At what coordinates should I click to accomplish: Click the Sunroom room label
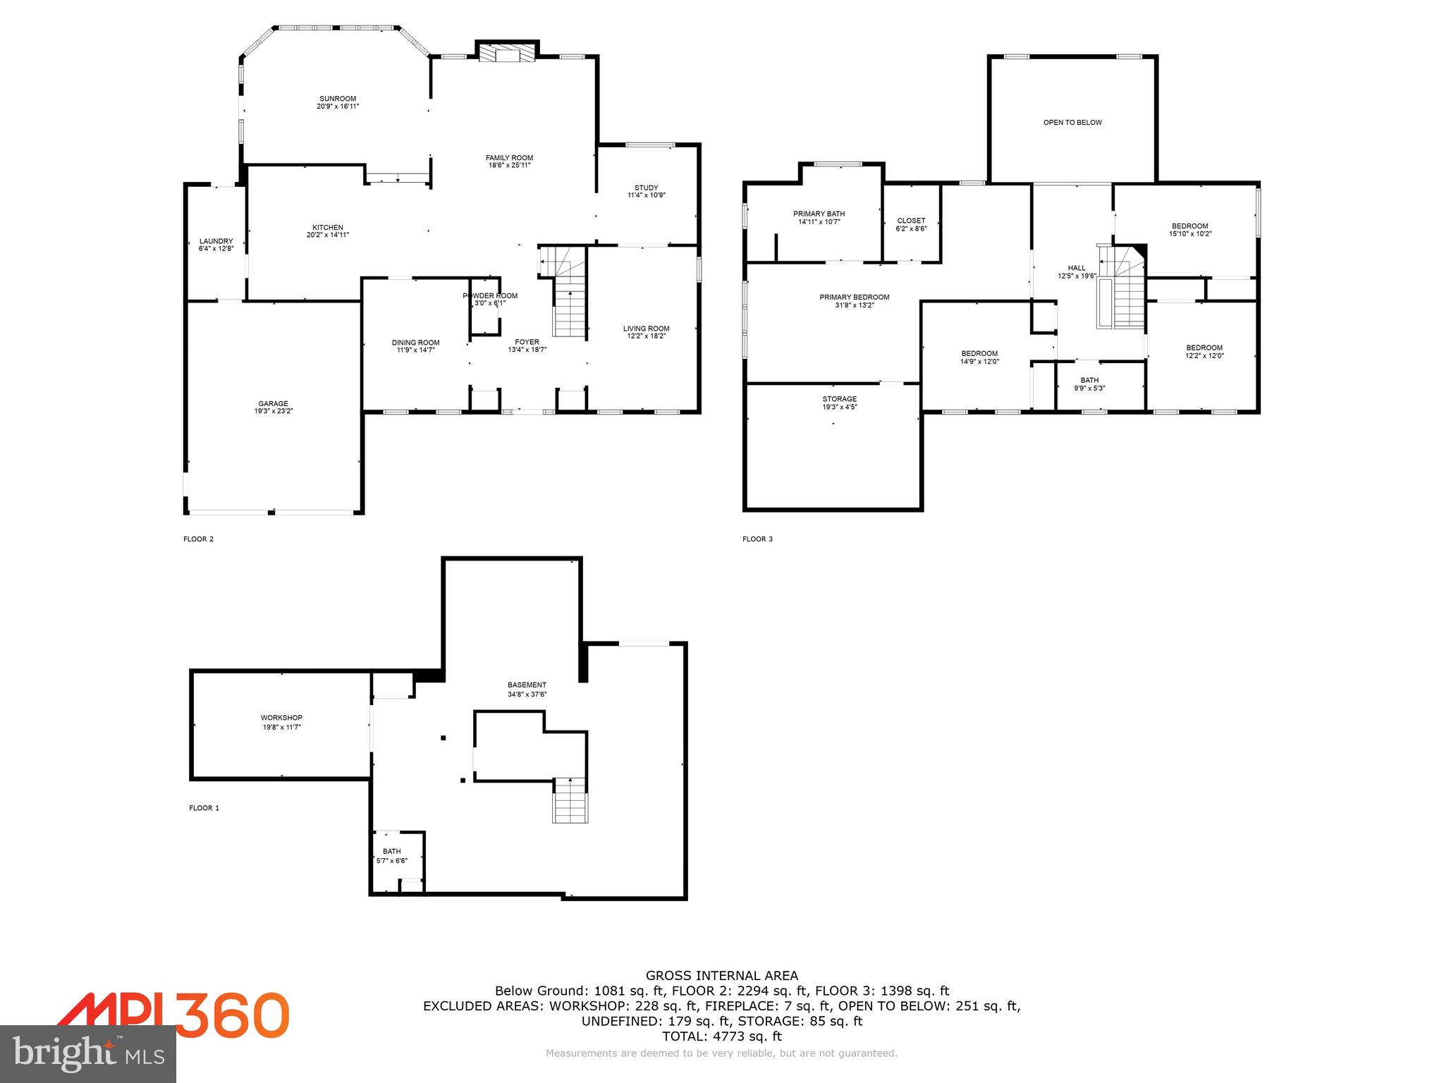[x=338, y=99]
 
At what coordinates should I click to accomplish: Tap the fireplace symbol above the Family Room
[x=507, y=55]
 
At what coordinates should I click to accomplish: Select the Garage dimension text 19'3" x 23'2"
[x=274, y=410]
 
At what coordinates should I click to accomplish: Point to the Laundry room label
[x=216, y=241]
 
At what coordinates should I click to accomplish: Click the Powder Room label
[x=490, y=295]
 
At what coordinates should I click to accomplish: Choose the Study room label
[x=646, y=188]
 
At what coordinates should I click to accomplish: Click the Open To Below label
[x=1072, y=123]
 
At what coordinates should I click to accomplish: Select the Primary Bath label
[x=819, y=214]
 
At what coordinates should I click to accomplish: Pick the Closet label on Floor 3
[x=911, y=221]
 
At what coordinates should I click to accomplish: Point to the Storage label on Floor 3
[x=839, y=399]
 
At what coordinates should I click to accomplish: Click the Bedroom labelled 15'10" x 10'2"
[x=1190, y=226]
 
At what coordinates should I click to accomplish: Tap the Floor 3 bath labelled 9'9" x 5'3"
[x=1089, y=381]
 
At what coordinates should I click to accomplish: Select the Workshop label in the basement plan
[x=281, y=718]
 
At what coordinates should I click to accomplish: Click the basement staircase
[x=570, y=800]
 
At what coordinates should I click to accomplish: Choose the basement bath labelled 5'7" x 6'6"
[x=392, y=852]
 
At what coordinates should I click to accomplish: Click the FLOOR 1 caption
[x=204, y=808]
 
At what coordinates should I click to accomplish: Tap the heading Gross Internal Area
[x=722, y=976]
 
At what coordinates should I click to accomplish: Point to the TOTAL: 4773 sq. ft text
[x=722, y=1036]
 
